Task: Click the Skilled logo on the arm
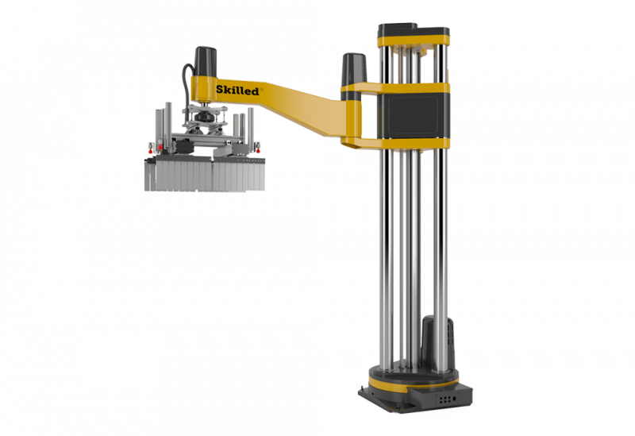237,90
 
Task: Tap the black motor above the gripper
206,61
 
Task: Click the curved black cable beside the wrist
186,85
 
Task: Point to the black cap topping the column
413,30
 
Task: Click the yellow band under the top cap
413,41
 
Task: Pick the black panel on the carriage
413,115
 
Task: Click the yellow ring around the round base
413,381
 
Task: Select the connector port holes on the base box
445,399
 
